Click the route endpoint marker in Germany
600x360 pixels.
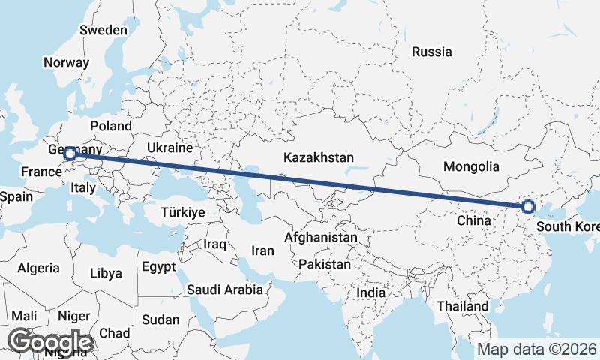point(70,154)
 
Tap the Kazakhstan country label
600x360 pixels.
point(318,157)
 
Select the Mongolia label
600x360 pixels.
point(471,166)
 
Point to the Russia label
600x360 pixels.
point(432,52)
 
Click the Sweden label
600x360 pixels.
point(103,30)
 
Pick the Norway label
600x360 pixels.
point(66,63)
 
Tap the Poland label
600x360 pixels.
point(110,126)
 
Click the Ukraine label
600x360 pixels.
point(169,148)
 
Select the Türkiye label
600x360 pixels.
point(182,213)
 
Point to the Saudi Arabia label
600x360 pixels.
point(225,289)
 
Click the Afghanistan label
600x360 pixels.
point(321,237)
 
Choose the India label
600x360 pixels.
point(370,292)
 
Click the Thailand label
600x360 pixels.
point(463,306)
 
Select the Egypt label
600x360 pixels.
point(158,266)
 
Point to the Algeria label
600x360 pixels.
point(38,268)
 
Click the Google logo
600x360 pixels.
point(49,341)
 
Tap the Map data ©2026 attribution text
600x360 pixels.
point(537,349)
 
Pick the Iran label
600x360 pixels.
point(262,251)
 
